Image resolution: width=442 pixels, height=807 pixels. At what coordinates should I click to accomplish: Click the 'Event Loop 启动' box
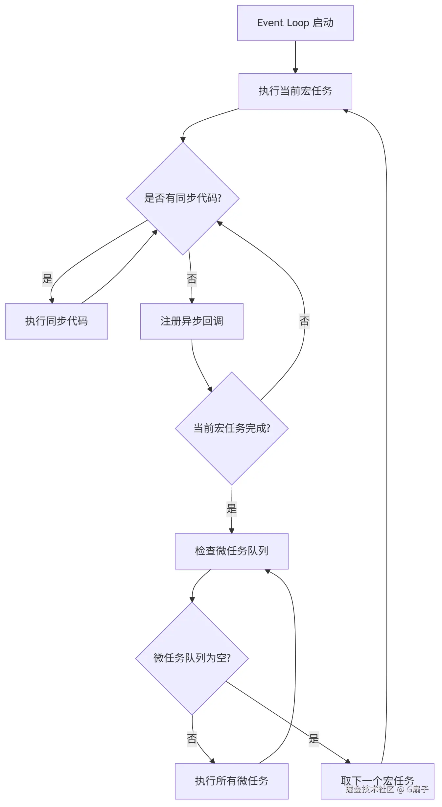click(x=295, y=23)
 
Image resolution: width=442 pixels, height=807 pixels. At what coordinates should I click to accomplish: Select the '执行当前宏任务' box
click(x=295, y=91)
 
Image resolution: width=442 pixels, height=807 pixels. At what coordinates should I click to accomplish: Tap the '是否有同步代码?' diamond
click(x=183, y=198)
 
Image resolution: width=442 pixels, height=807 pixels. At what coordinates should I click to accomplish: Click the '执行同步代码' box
click(x=57, y=321)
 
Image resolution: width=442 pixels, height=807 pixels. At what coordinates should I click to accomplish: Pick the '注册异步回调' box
click(x=192, y=321)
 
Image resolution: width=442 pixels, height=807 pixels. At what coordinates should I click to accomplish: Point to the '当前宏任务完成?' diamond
click(x=232, y=428)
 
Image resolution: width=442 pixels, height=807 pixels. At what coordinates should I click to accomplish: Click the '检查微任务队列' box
click(x=232, y=551)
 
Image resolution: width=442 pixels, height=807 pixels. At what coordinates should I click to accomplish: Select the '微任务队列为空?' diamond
click(x=192, y=658)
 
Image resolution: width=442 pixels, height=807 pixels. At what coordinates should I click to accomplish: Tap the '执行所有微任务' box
click(x=232, y=781)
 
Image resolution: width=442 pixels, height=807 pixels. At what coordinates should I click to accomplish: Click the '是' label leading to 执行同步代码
click(x=47, y=279)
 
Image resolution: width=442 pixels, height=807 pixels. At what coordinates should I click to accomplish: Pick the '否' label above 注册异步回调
click(x=192, y=279)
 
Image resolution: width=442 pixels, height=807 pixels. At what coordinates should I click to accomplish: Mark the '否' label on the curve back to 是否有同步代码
click(x=305, y=321)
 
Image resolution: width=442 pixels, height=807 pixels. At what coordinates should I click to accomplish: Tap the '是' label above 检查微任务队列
click(x=232, y=509)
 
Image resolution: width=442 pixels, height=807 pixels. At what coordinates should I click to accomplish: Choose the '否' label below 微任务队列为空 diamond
click(x=192, y=739)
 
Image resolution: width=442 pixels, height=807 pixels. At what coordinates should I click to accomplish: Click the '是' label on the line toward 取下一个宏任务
click(x=314, y=739)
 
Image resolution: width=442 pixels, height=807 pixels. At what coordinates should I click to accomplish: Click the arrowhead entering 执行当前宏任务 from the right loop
click(x=346, y=111)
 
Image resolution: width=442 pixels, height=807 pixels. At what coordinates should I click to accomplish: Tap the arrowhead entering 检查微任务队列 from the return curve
click(x=268, y=571)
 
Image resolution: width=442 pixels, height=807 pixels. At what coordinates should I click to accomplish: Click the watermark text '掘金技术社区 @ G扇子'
click(x=387, y=789)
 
